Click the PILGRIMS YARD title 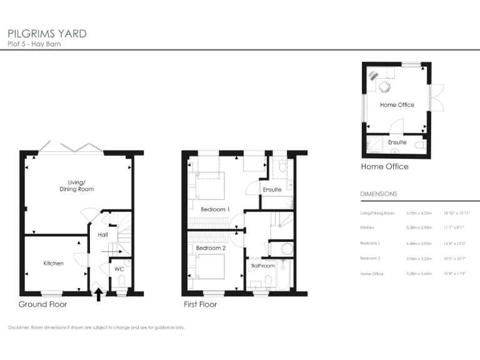coord(47,33)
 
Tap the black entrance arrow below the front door coord(98,291)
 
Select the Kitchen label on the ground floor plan coord(53,264)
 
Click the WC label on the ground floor coord(119,269)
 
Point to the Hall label coord(103,235)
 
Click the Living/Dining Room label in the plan coord(76,186)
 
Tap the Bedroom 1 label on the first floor coord(215,209)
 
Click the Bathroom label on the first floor coord(262,266)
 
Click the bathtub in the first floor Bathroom coord(283,276)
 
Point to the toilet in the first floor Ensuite coord(282,167)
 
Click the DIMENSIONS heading coord(379,194)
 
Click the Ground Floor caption coord(42,304)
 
